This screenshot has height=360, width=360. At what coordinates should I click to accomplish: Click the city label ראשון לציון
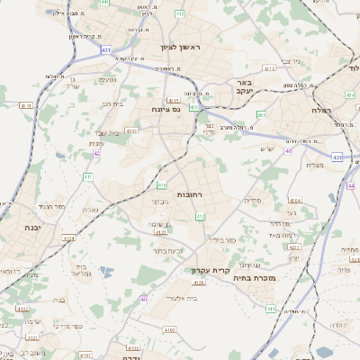184,47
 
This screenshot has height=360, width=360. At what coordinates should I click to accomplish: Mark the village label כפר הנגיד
53,206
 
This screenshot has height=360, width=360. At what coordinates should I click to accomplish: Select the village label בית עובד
105,131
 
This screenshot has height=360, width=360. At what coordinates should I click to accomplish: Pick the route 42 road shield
96,154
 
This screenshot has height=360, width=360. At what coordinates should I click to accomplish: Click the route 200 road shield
262,114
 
